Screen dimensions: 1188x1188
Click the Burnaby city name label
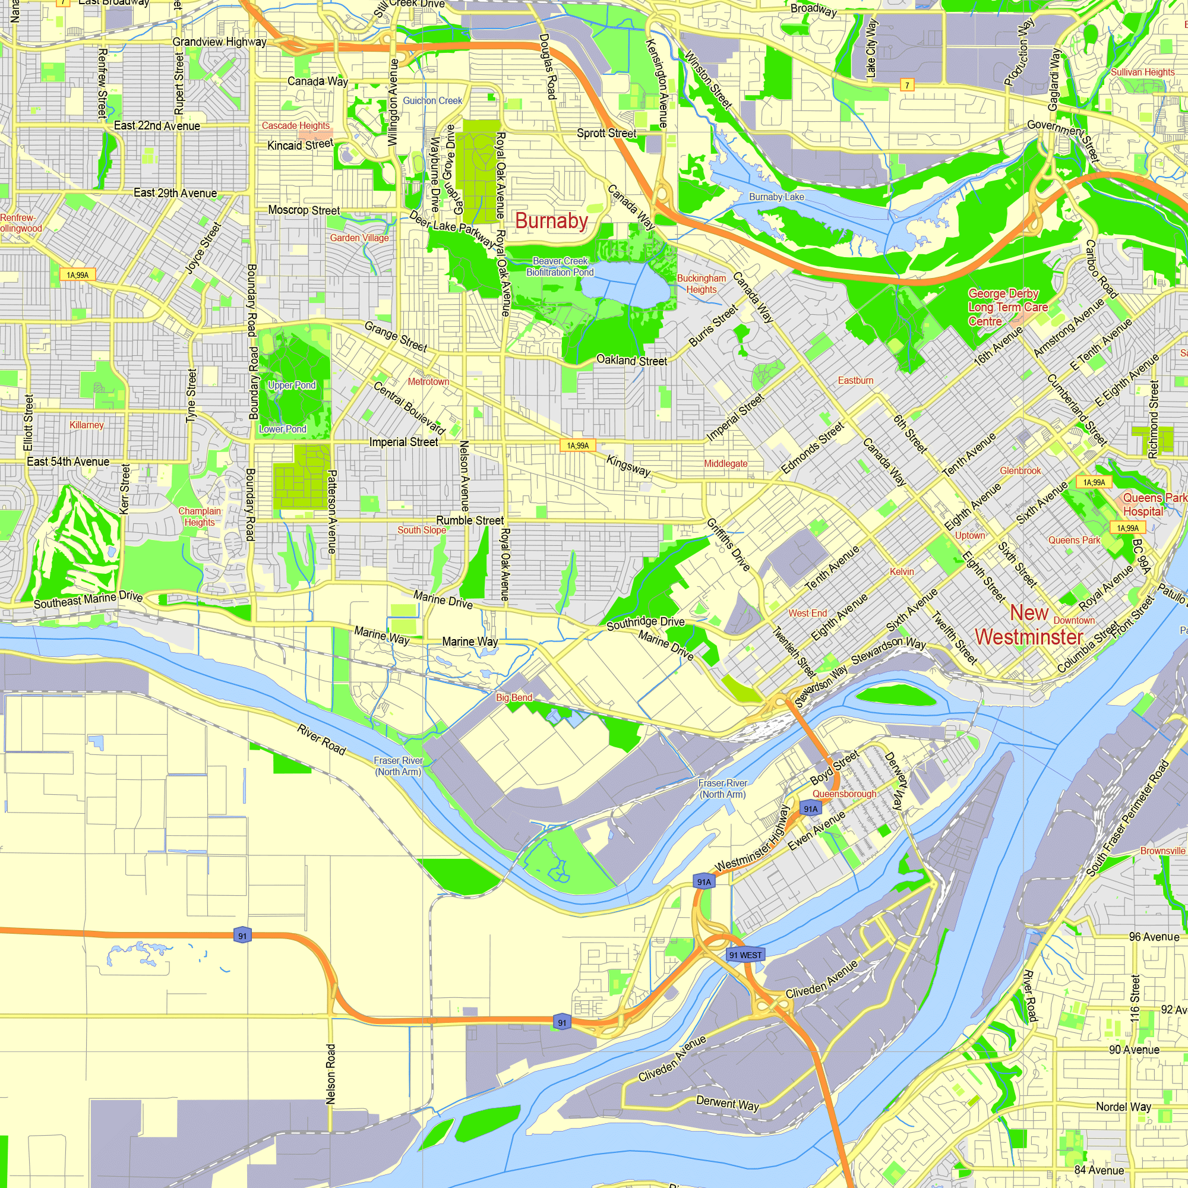[551, 222]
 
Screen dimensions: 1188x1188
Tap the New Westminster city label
[1029, 625]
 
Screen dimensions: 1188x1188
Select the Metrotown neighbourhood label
[429, 382]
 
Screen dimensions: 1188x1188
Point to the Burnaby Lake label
[776, 197]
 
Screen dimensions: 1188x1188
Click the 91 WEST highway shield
[745, 955]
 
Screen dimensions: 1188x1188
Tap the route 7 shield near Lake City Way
[906, 86]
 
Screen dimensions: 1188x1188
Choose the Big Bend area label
[514, 697]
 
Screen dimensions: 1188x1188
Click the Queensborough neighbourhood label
[844, 794]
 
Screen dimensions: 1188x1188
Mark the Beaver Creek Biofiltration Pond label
[560, 266]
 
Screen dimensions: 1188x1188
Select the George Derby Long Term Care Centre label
[1008, 308]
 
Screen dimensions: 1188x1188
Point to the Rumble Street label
[470, 520]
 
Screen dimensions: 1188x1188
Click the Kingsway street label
[628, 466]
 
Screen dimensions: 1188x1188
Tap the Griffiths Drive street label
[728, 544]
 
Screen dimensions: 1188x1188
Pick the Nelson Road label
[331, 1073]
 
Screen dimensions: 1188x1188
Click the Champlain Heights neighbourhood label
[199, 517]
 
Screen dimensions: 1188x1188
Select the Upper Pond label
[292, 385]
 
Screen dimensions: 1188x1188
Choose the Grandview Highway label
[220, 42]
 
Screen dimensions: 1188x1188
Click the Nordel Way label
[1123, 1107]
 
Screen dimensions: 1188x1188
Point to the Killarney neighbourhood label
[87, 425]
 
